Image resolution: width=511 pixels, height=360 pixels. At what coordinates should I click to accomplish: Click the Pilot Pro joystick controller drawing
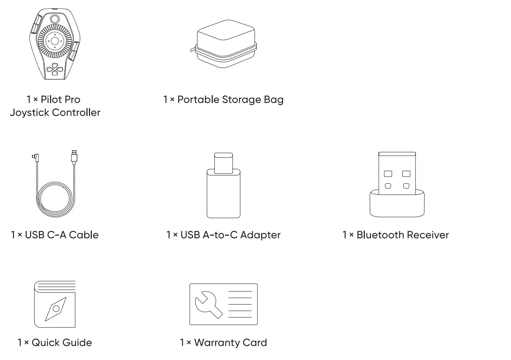tap(55, 44)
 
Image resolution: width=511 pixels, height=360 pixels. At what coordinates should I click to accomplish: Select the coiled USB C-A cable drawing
tap(55, 183)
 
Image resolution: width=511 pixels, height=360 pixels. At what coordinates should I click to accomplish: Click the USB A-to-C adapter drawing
tap(224, 185)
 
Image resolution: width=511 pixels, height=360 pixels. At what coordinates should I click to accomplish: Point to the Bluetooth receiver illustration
tap(397, 185)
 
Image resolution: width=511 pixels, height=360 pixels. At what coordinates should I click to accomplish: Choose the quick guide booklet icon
tap(55, 304)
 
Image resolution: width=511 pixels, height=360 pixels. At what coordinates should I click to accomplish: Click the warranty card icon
tap(224, 304)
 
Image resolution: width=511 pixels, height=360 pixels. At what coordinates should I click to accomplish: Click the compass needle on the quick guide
tap(56, 309)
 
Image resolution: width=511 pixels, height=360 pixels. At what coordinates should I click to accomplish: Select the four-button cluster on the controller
tap(55, 70)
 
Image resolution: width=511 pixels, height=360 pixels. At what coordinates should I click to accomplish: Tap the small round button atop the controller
tap(55, 19)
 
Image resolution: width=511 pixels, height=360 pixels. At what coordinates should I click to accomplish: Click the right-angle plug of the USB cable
tap(35, 157)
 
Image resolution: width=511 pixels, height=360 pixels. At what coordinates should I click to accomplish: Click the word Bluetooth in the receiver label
tap(380, 235)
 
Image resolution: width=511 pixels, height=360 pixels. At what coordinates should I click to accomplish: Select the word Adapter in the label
tap(260, 235)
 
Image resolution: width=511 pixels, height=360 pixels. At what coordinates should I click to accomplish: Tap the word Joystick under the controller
tap(30, 113)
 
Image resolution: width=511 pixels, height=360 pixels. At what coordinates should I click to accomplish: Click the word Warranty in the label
tap(217, 343)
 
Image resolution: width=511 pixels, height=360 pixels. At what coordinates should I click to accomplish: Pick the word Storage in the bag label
tap(241, 100)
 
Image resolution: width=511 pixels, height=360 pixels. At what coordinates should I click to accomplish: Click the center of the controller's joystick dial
tap(55, 41)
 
